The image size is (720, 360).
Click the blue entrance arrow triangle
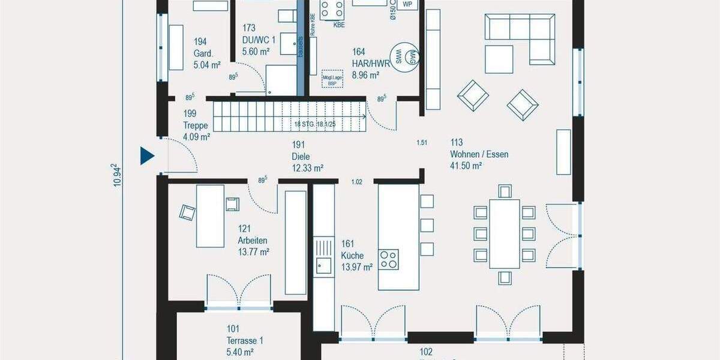[147, 156]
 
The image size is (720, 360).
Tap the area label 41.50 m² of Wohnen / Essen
[467, 166]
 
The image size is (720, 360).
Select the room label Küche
[352, 256]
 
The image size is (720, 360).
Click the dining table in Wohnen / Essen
[504, 234]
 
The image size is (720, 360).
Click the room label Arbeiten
[253, 241]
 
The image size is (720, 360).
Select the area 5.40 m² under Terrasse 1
[241, 352]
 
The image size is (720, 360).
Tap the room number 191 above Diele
[298, 145]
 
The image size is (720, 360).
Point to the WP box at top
[408, 4]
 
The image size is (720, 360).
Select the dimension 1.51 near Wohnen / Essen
[422, 142]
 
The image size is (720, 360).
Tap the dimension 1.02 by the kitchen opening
[357, 182]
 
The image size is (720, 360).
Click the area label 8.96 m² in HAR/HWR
[365, 75]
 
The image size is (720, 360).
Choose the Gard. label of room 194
[202, 53]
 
